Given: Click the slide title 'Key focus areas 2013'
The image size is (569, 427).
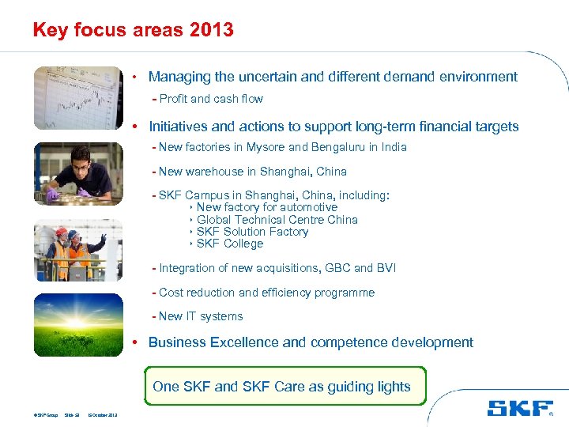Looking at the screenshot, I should point(133,30).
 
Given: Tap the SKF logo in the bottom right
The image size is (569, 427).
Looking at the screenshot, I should point(519,408).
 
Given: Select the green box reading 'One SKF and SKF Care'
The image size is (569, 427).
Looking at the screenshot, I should point(282,387).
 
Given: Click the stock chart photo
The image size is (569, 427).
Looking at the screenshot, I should point(78,98).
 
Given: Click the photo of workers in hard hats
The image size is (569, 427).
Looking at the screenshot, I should point(78,249).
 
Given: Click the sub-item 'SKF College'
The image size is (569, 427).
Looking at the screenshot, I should point(229,244).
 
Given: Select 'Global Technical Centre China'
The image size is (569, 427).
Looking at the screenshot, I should point(277,220).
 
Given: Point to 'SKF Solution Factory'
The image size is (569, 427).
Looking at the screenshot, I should point(252,232).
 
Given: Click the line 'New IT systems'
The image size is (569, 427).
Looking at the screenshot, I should point(201,316).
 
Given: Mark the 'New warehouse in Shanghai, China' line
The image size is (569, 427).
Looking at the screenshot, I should point(252,172).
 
